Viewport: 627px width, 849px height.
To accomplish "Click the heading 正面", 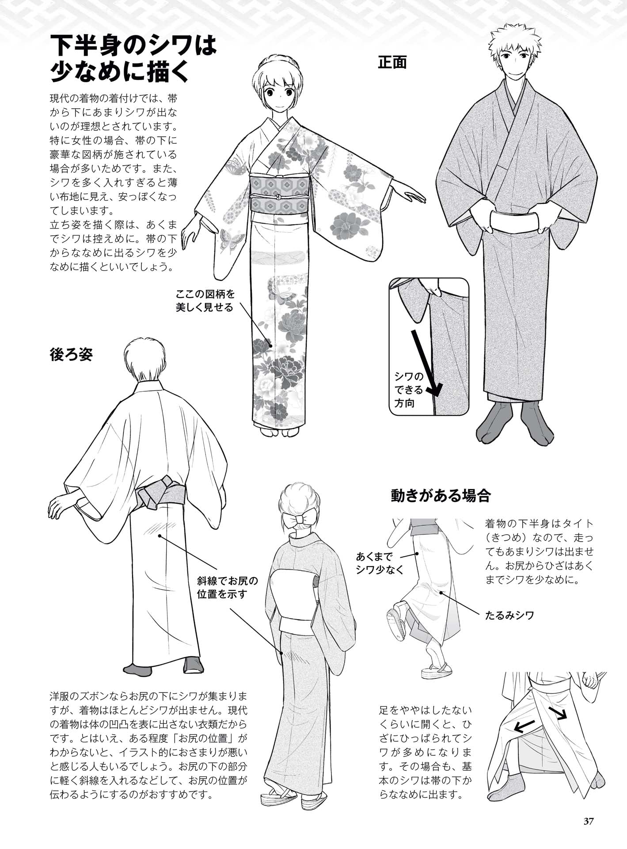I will point(392,62).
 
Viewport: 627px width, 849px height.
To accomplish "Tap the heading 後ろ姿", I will point(71,355).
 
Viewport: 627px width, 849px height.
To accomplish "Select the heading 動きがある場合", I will point(441,496).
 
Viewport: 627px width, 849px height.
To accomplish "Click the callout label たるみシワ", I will point(509,615).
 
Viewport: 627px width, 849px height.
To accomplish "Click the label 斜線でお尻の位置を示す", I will point(227,587).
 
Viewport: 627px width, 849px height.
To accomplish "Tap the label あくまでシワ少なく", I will point(380,563).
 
